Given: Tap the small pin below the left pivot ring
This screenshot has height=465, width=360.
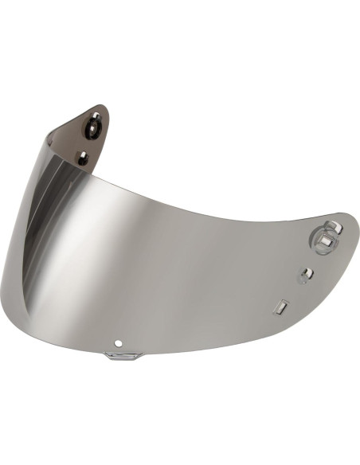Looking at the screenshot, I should pos(83,158).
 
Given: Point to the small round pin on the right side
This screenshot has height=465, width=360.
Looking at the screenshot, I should pos(304,275).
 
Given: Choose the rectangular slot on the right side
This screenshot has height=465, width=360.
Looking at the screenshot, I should pos(282,306).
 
